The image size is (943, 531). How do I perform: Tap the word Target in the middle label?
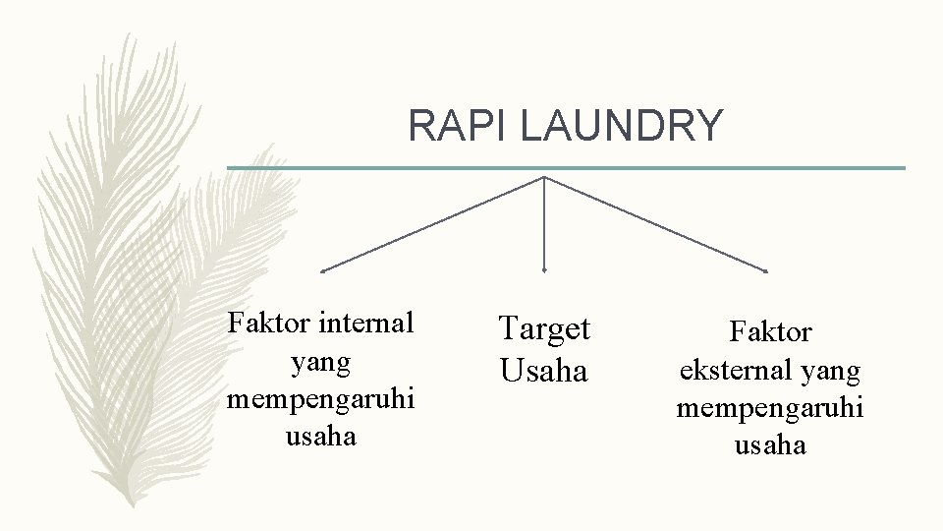click(544, 328)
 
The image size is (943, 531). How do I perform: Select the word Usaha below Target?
click(544, 372)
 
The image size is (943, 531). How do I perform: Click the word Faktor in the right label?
click(770, 333)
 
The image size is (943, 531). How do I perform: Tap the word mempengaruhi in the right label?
click(770, 408)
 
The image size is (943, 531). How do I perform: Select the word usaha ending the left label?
click(321, 437)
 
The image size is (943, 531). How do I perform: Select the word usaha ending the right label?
click(770, 445)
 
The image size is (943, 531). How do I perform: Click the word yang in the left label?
click(321, 362)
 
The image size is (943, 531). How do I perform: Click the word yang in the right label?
click(832, 372)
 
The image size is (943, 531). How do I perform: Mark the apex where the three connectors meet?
click(544, 178)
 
